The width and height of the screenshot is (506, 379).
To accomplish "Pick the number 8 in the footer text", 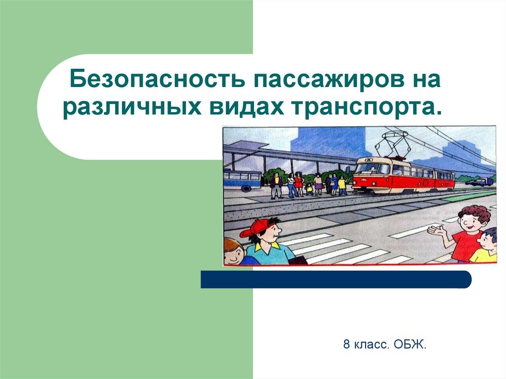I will click(347, 344).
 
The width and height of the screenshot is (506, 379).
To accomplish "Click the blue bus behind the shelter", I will click(242, 178).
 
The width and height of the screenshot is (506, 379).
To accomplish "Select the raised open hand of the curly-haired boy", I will click(435, 230).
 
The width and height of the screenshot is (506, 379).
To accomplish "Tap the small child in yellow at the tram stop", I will click(310, 188).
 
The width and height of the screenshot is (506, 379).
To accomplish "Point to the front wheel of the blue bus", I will click(245, 188).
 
